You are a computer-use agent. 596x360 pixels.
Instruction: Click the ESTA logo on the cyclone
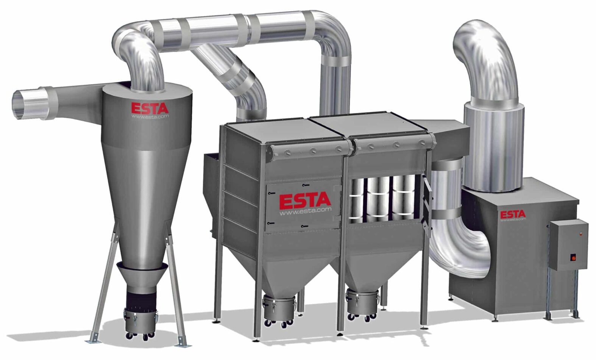(150, 108)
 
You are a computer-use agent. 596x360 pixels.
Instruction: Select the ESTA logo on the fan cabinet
(513, 214)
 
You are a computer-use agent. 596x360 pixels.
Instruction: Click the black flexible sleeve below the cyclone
(141, 299)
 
